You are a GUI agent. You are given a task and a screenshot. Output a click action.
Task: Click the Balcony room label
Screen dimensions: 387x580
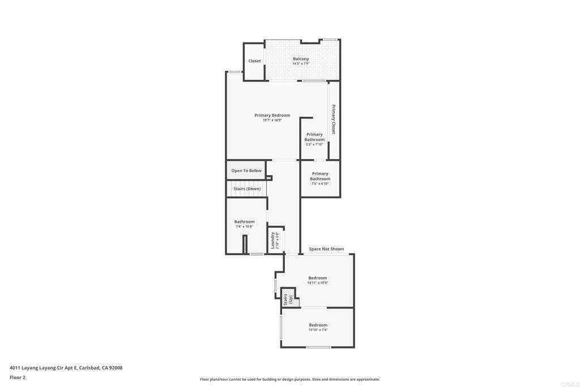[x=301, y=59]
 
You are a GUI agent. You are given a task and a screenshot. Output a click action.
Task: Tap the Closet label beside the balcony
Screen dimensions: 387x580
[x=254, y=61]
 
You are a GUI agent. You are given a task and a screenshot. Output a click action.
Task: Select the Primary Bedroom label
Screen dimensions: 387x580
[x=272, y=116]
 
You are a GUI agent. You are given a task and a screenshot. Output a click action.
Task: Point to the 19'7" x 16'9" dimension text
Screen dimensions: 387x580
[x=272, y=120]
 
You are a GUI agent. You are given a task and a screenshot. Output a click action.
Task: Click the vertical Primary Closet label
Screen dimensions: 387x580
[x=334, y=120]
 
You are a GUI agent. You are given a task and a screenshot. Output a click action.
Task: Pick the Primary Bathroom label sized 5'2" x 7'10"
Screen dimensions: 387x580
[x=314, y=137]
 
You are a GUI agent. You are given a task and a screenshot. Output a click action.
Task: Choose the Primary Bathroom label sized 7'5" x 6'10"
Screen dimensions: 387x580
[x=320, y=176]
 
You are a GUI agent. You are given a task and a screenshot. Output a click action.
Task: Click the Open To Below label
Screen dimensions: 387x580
[x=246, y=171]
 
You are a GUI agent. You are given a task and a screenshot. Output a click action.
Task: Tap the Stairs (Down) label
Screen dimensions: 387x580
[x=247, y=189]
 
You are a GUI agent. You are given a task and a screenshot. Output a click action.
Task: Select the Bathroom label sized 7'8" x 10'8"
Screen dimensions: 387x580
[x=244, y=222]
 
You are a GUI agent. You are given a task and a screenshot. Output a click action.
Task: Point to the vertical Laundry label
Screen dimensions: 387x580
[x=272, y=240]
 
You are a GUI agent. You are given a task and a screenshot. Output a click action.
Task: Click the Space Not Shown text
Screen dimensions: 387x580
[x=326, y=249]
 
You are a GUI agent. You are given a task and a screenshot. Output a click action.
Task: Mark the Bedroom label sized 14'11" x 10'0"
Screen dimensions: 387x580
[x=318, y=278]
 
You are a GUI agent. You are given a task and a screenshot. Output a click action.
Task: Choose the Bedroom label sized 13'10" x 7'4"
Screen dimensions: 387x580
[x=318, y=325]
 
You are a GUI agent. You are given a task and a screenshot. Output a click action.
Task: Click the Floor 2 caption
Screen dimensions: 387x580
[x=18, y=377]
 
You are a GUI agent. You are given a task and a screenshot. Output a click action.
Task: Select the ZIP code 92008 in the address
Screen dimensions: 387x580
[x=116, y=368]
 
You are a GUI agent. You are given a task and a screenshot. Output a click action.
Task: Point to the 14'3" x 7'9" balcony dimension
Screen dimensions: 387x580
[x=301, y=63]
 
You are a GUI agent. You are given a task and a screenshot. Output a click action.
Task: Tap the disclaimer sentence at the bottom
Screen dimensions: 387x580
[x=289, y=380]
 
